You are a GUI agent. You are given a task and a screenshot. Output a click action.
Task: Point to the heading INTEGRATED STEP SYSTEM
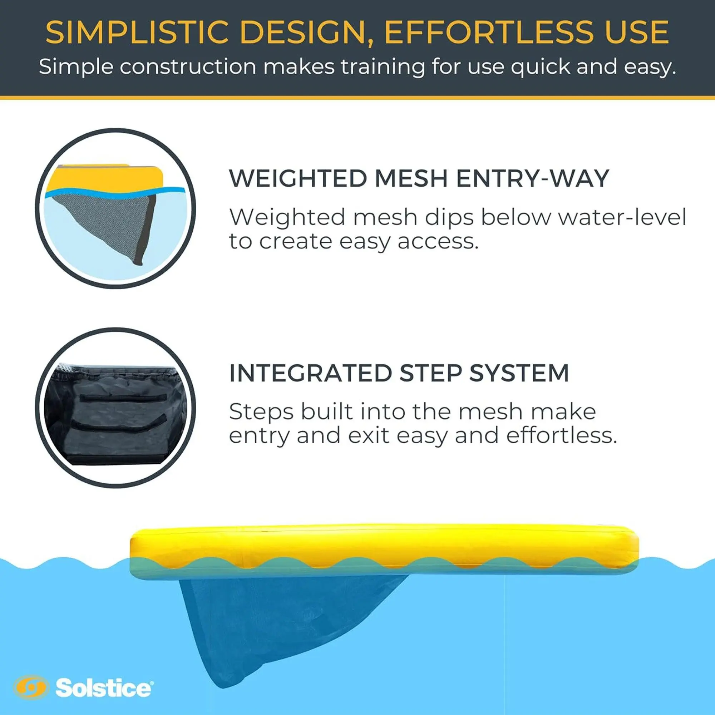tap(399, 373)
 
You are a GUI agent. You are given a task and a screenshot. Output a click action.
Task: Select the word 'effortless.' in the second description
tap(562, 435)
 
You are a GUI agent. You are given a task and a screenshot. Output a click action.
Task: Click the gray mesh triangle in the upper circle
tap(107, 218)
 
